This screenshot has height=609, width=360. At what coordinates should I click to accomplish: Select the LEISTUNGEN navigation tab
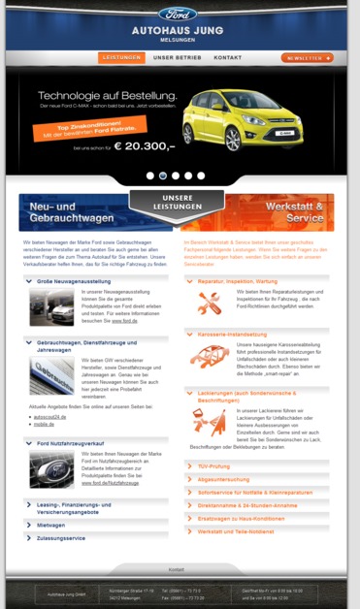pyautogui.click(x=121, y=58)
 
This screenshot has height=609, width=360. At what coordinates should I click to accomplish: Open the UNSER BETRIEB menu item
pyautogui.click(x=178, y=58)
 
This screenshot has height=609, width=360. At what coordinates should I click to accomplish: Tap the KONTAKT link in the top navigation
pyautogui.click(x=228, y=58)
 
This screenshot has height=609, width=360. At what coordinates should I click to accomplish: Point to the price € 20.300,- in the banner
pyautogui.click(x=144, y=146)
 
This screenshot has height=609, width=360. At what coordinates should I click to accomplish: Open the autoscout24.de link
pyautogui.click(x=52, y=416)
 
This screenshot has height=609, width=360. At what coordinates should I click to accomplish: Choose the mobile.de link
pyautogui.click(x=45, y=425)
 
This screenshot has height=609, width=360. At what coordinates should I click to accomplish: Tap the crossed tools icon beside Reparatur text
pyautogui.click(x=209, y=304)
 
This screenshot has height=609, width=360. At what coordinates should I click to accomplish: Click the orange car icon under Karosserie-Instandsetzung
pyautogui.click(x=209, y=356)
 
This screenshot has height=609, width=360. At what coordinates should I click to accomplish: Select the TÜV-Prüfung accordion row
pyautogui.click(x=214, y=466)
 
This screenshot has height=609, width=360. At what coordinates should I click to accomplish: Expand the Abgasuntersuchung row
pyautogui.click(x=224, y=479)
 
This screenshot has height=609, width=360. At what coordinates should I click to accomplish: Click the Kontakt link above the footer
pyautogui.click(x=176, y=569)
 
